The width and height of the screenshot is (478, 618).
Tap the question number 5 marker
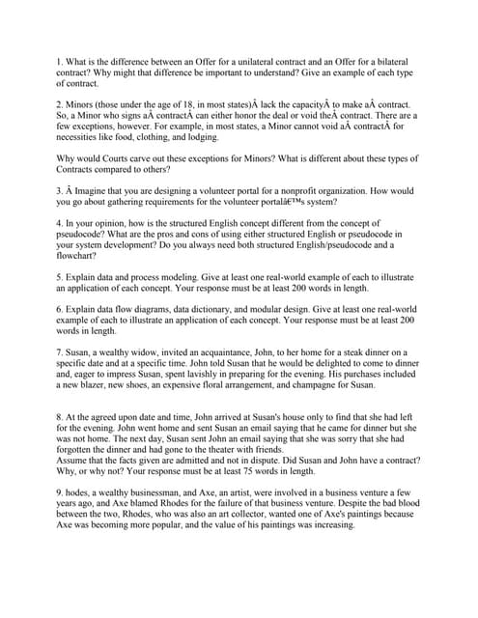(x=60, y=279)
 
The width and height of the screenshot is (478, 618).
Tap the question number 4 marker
(x=60, y=223)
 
